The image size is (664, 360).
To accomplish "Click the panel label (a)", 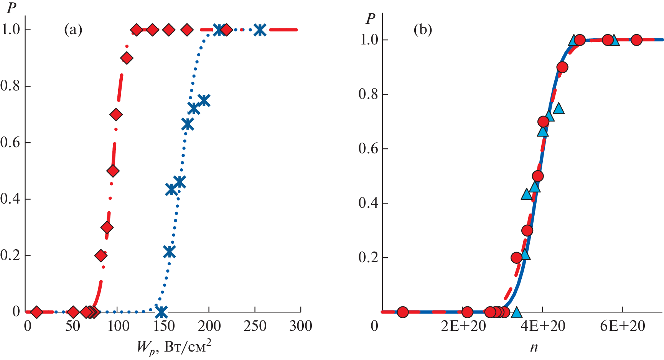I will (73, 30).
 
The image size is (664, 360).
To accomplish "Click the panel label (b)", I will (423, 30).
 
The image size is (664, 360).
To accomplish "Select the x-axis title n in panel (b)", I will (534, 347).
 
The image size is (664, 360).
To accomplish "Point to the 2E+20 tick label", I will (463, 326).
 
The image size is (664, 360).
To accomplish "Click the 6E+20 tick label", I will (623, 326).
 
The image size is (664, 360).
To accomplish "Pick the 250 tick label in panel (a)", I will (255, 326).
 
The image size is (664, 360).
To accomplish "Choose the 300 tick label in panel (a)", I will (301, 326).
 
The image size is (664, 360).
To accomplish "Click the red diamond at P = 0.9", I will (127, 58).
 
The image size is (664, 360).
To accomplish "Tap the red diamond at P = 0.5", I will (113, 171).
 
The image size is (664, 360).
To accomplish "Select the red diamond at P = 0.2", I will (101, 255).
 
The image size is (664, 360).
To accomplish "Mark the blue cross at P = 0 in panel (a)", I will (161, 311).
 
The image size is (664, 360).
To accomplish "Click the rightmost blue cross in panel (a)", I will (260, 30).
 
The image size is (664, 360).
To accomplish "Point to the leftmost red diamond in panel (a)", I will (36, 312).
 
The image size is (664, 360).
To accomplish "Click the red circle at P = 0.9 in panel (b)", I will (562, 67).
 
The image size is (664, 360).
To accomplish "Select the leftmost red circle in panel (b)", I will (402, 312).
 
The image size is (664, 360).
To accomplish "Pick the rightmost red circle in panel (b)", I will (637, 40).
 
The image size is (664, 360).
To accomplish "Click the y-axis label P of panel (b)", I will (371, 18).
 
